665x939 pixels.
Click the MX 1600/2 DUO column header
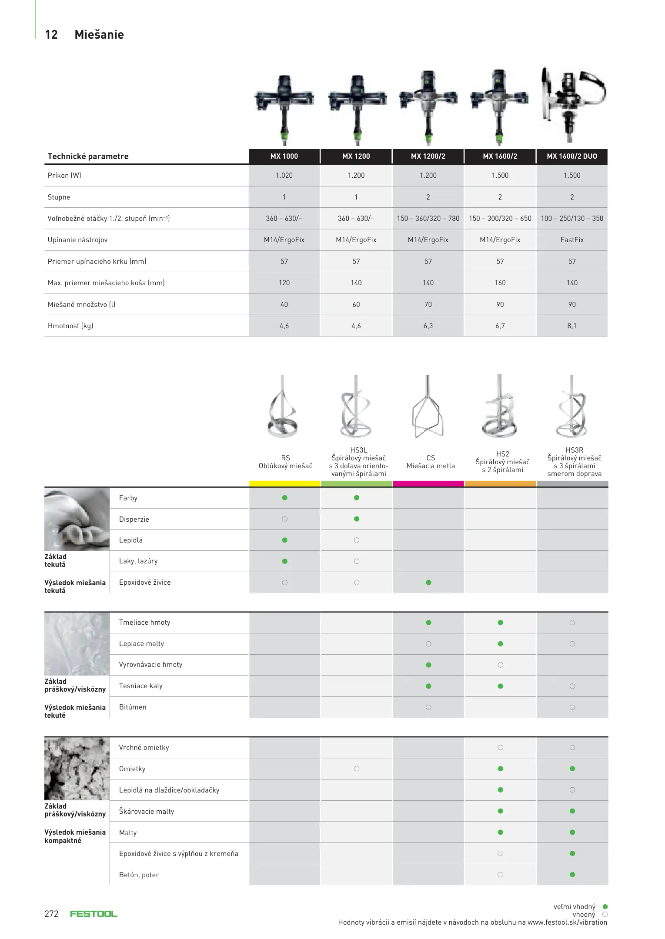tap(571, 156)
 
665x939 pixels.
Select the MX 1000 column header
tap(284, 156)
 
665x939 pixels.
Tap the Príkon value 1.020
tap(284, 175)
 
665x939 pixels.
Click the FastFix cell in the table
tap(571, 240)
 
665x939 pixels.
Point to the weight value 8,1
tap(571, 326)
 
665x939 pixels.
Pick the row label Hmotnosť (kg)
tap(70, 326)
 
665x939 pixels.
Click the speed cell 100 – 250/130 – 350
tap(571, 218)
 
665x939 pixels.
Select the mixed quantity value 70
tap(428, 304)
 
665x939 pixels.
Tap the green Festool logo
tap(94, 914)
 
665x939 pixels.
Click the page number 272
tap(51, 914)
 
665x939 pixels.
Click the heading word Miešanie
tap(99, 35)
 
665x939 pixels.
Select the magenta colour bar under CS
tap(428, 484)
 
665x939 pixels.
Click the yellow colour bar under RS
tap(284, 484)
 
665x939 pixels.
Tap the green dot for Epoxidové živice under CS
tap(428, 583)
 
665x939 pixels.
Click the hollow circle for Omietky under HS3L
tap(357, 769)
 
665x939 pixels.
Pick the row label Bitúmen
tap(133, 707)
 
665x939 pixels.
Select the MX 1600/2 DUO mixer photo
tap(571, 104)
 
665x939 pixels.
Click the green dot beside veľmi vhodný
tap(605, 906)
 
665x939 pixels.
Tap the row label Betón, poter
tap(139, 875)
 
